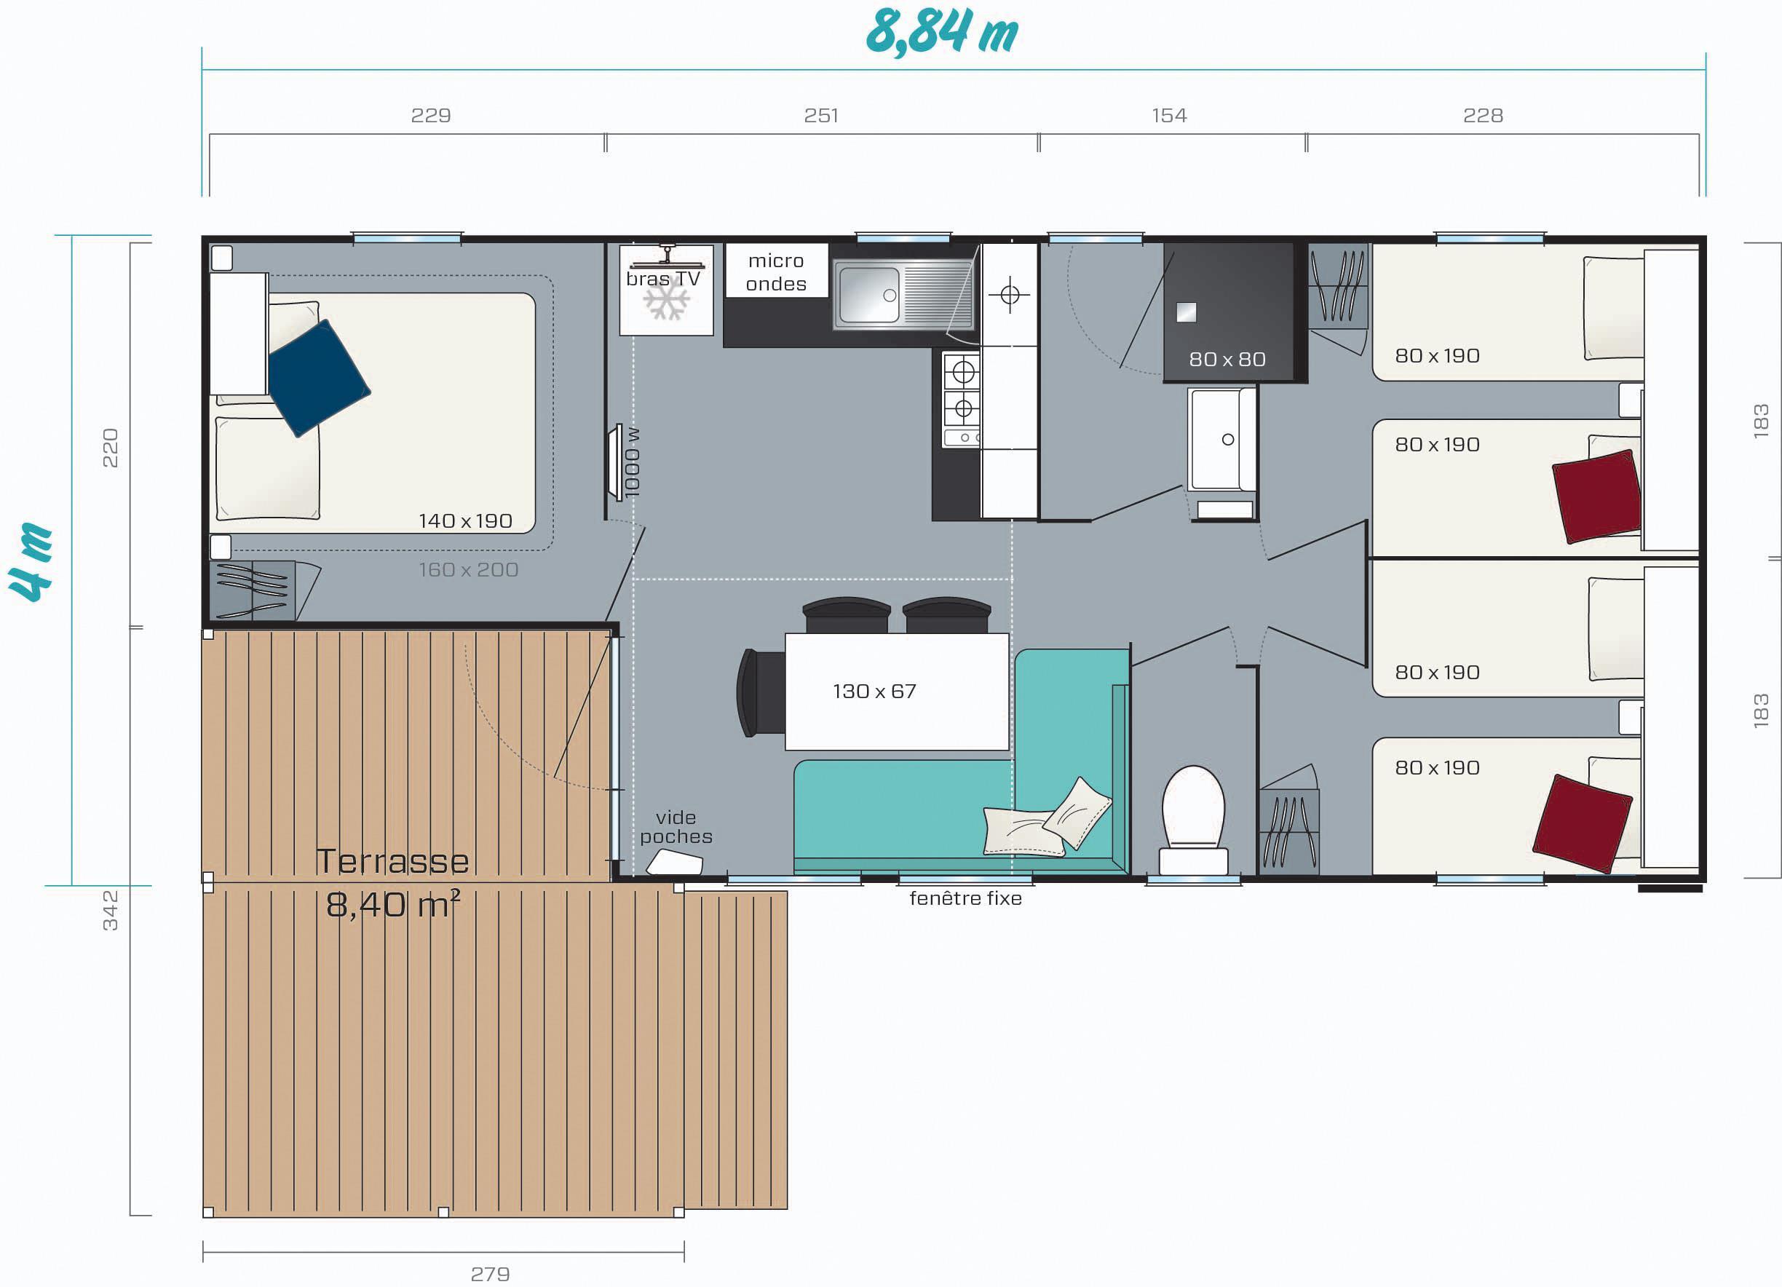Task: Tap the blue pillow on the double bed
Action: tap(318, 378)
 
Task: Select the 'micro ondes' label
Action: tap(775, 272)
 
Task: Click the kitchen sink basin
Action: tap(869, 295)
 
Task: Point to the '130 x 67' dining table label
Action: tap(874, 692)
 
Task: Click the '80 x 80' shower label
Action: tap(1227, 359)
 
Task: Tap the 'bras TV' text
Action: tap(663, 279)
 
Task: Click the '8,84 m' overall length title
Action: tap(941, 33)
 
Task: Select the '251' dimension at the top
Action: tap(821, 116)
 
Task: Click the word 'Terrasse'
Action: tap(392, 861)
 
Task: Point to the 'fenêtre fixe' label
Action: tap(966, 898)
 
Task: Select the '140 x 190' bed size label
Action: tap(465, 521)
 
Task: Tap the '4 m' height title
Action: tap(31, 563)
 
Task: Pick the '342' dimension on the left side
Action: tap(110, 911)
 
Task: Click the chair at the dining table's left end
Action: tap(761, 693)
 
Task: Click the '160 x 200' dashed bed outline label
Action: tap(468, 570)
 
